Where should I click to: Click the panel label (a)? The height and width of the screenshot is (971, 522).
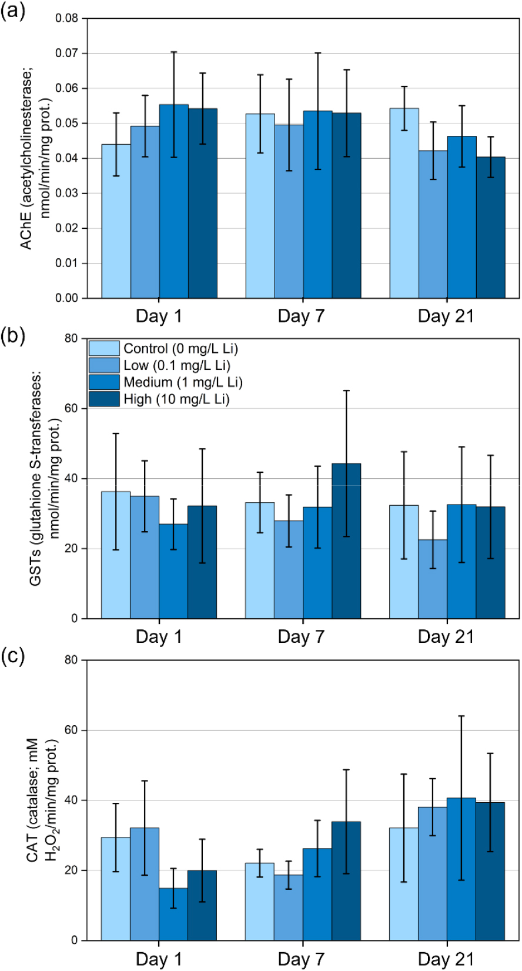[x=13, y=11]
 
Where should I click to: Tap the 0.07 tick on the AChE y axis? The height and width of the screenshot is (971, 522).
[x=66, y=54]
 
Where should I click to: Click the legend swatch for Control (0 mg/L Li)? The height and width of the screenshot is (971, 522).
[x=104, y=349]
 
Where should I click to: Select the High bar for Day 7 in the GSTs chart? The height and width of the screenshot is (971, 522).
[x=346, y=541]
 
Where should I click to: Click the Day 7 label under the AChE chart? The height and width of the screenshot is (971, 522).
[x=301, y=316]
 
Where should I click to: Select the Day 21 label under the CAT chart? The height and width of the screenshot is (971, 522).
[x=446, y=959]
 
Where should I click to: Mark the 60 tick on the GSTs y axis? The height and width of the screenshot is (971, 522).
[x=71, y=408]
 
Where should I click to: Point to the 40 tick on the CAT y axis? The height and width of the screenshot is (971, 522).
[x=71, y=800]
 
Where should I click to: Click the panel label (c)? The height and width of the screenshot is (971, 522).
[x=13, y=656]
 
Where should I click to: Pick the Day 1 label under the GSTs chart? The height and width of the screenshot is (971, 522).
[x=159, y=637]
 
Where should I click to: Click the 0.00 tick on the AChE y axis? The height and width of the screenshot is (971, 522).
[x=66, y=298]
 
